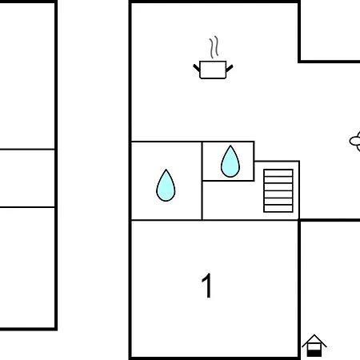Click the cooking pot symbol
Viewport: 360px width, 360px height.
[x=213, y=70]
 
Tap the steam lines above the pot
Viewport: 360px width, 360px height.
[x=214, y=47]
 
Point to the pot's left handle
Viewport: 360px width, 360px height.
[x=197, y=68]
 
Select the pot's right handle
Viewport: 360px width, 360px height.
[x=230, y=68]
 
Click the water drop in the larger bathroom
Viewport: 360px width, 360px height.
[x=166, y=186]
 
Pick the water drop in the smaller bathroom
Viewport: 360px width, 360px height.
[x=230, y=162]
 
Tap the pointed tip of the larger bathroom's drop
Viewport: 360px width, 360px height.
[x=166, y=170]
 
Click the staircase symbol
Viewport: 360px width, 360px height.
[x=278, y=190]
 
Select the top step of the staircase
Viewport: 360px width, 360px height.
[x=278, y=173]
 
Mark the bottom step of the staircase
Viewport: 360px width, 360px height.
[x=278, y=209]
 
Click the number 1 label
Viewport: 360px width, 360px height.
[x=206, y=286]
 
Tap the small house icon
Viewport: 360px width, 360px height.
[x=314, y=346]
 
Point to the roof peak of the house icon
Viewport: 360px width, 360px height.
[x=314, y=335]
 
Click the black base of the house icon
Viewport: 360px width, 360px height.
[x=314, y=354]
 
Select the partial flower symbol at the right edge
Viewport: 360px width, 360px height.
[x=355, y=142]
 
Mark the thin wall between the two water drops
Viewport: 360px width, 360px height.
[x=202, y=181]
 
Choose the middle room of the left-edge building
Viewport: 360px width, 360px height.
[x=26, y=178]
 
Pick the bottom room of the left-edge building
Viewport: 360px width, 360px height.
[x=26, y=267]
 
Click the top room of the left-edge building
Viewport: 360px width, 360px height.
[x=26, y=76]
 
